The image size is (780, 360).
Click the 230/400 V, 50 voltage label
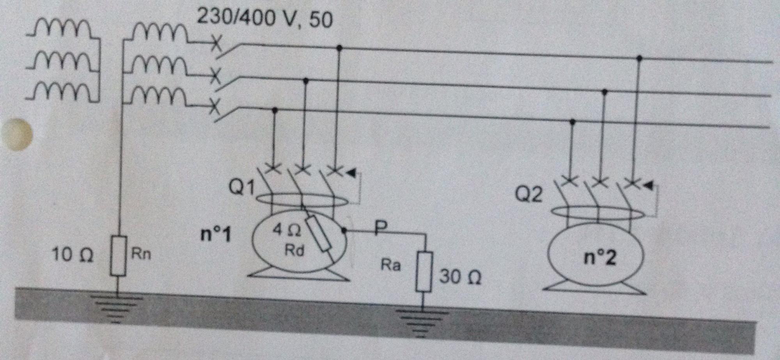[x=264, y=18]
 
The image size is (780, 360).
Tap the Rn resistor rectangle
[x=118, y=256]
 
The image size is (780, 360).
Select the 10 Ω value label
[x=73, y=255]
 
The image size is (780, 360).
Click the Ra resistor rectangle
[x=424, y=272]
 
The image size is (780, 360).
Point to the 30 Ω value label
[x=460, y=277]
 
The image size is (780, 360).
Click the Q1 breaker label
[x=241, y=187]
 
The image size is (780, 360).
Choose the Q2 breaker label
[x=528, y=194]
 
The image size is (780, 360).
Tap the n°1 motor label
[x=216, y=234]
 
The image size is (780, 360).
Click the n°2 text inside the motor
[x=600, y=257]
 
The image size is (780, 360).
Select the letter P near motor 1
[x=381, y=227]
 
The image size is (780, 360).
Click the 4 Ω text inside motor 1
[x=287, y=230]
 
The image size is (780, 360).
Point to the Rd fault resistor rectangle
[x=318, y=234]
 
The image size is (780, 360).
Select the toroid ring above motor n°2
[x=597, y=213]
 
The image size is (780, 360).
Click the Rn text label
[x=141, y=254]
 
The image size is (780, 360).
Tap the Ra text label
[x=390, y=265]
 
